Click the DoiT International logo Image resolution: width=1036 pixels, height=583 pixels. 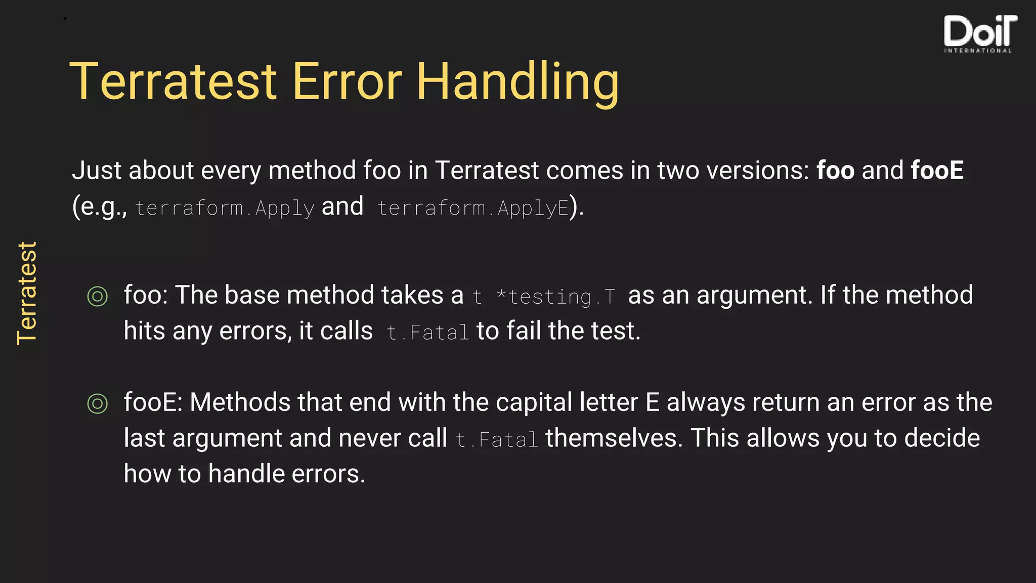(x=979, y=33)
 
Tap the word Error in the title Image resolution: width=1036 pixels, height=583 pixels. (x=347, y=82)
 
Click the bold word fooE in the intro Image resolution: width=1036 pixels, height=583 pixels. (x=937, y=170)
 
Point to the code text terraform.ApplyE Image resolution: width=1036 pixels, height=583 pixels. (x=473, y=207)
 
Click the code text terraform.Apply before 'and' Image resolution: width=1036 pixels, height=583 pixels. (x=225, y=207)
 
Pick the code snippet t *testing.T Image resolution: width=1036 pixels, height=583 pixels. (x=544, y=297)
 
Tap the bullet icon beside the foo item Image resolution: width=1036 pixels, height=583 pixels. (x=98, y=296)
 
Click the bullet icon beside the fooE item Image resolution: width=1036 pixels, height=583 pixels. (x=98, y=403)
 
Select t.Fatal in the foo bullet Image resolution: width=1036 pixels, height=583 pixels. (x=428, y=332)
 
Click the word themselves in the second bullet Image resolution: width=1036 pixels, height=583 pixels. (x=614, y=438)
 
